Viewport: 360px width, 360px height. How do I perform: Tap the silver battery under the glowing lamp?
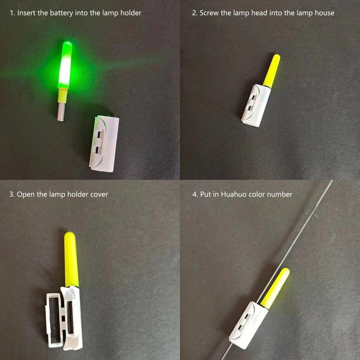(61, 111)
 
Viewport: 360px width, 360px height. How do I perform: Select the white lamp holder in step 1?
(104, 143)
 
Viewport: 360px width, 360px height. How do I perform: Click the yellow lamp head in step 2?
(272, 71)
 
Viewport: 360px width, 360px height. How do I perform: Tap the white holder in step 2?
(256, 105)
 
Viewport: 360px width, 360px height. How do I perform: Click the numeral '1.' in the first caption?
(12, 13)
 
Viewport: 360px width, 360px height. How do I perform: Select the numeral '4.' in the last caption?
(195, 194)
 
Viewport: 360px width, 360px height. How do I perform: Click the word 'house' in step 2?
(324, 13)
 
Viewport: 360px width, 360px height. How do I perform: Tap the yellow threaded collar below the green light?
(63, 94)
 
